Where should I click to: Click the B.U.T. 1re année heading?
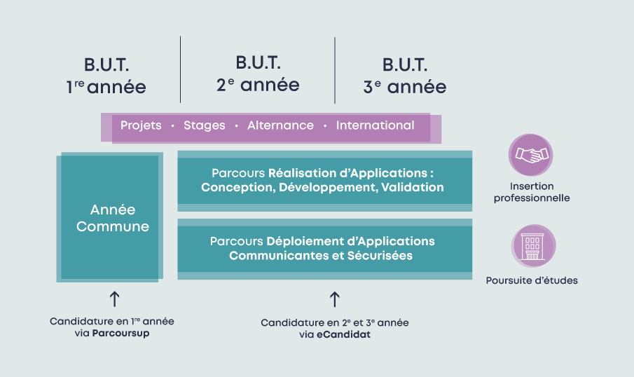pos(106,76)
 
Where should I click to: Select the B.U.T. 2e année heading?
pos(258,74)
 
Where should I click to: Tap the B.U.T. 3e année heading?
pos(405,76)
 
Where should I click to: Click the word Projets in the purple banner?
pos(141,125)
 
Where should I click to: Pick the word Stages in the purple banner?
pos(204,125)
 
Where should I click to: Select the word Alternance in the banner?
pos(281,125)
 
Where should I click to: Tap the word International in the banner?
pos(375,125)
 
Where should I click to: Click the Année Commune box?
pos(110,217)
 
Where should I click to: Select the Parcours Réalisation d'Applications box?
pos(324,181)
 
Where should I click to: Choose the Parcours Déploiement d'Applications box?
pos(324,249)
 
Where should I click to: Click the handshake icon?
pos(531,155)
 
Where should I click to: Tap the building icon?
pos(533,246)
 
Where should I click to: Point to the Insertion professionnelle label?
pos(532,192)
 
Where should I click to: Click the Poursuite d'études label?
pos(532,280)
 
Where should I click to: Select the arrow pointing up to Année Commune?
pos(114,299)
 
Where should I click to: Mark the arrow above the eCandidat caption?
pos(334,299)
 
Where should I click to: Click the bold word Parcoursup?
pos(121,334)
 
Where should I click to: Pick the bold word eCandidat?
pos(344,334)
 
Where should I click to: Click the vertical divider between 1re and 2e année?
pos(180,69)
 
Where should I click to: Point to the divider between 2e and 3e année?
pos(335,70)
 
